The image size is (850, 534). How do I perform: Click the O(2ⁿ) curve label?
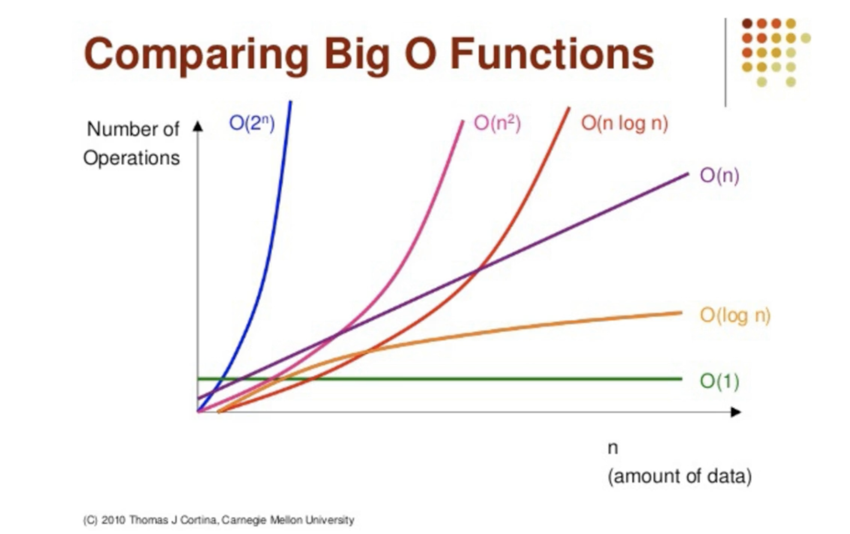(252, 123)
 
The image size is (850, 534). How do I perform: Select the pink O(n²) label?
(497, 123)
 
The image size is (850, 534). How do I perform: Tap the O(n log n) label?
(624, 123)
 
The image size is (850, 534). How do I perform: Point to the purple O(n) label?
(719, 175)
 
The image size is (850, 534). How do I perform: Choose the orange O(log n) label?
(735, 315)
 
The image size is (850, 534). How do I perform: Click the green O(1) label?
(719, 381)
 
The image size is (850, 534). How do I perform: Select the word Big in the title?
(356, 54)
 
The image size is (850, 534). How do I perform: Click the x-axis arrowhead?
(736, 412)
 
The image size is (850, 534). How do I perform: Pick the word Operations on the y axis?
(131, 158)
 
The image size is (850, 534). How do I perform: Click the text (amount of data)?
(679, 475)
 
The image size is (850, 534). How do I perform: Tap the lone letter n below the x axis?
(612, 448)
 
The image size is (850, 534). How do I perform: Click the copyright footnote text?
(219, 520)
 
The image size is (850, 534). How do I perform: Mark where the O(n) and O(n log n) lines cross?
(478, 271)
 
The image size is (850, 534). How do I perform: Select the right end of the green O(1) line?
(681, 379)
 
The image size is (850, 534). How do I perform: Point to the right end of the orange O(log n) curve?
(681, 313)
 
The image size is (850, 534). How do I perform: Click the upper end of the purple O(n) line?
(687, 173)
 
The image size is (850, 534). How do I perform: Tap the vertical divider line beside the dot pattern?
(725, 63)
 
